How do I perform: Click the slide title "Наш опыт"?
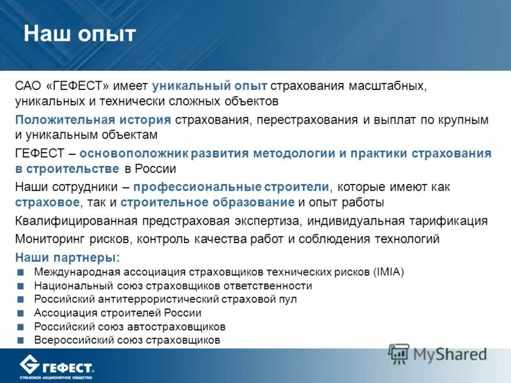[x=80, y=34]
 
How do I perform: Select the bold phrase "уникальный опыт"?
[x=210, y=86]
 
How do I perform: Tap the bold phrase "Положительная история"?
[x=93, y=120]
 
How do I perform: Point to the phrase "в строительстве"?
[x=68, y=169]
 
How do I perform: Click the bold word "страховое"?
[x=48, y=203]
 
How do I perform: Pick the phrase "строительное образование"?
[x=207, y=203]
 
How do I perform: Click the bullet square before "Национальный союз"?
[x=21, y=286]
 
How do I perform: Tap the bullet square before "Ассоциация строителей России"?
[x=21, y=313]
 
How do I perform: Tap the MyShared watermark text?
[x=449, y=354]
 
